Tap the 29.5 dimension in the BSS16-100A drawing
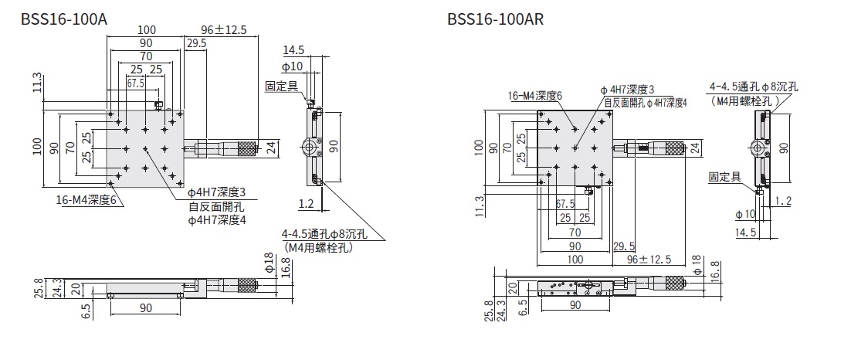[x=197, y=44]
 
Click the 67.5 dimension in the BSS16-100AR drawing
[x=565, y=205]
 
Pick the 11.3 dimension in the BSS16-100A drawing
[x=37, y=82]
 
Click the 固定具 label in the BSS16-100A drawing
[x=282, y=87]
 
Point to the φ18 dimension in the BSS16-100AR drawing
[x=697, y=264]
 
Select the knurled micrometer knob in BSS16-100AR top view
[x=673, y=148]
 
